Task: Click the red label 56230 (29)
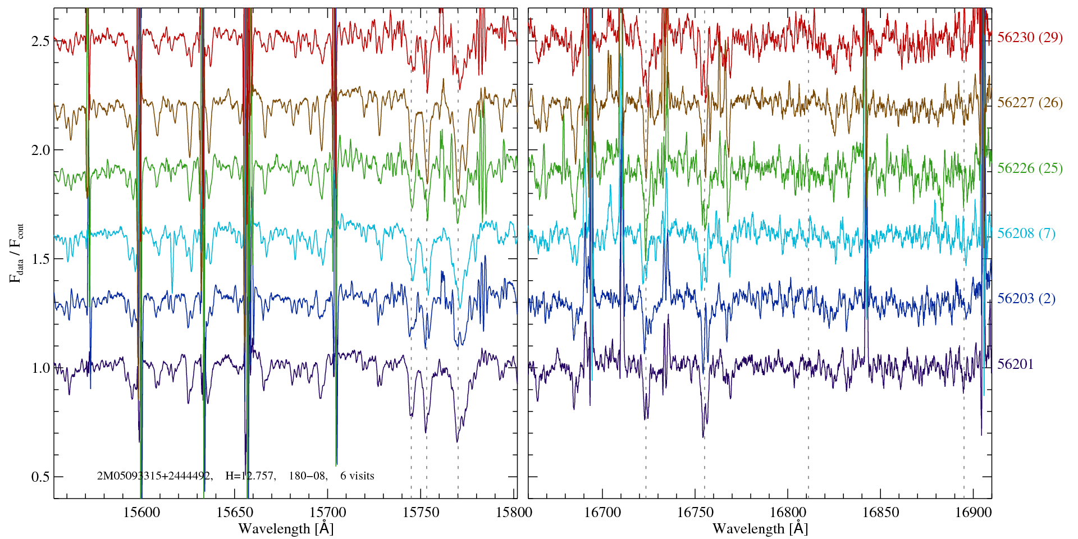(x=1030, y=38)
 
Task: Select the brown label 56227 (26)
(x=1030, y=103)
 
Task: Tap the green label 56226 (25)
(x=1030, y=168)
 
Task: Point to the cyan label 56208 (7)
(x=1026, y=234)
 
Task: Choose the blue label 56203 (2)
(x=1026, y=299)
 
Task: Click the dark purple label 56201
(x=1015, y=364)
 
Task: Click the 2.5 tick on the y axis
(x=40, y=42)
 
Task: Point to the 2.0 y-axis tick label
(x=40, y=150)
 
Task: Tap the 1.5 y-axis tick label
(x=40, y=259)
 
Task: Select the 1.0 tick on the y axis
(x=40, y=368)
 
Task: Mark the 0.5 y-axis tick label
(x=40, y=477)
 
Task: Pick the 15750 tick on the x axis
(x=421, y=513)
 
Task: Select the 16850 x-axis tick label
(x=880, y=513)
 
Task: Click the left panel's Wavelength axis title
(x=286, y=529)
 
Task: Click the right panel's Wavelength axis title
(x=760, y=529)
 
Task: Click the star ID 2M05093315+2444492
(x=154, y=476)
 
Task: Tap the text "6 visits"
(x=357, y=476)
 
